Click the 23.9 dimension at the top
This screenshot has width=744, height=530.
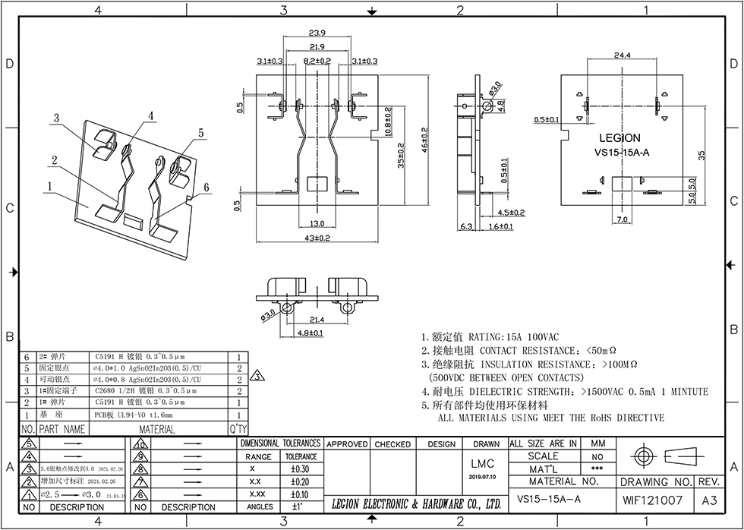point(317,32)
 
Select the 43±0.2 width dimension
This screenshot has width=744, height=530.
point(317,238)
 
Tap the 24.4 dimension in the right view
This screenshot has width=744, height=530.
point(622,55)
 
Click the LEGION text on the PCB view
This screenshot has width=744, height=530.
point(619,138)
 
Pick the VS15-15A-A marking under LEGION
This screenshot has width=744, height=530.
point(622,152)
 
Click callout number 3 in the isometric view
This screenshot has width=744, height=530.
point(56,118)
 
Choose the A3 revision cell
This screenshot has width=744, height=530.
point(709,500)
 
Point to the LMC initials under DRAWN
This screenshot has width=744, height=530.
point(481,463)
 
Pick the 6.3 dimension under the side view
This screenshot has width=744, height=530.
point(466,226)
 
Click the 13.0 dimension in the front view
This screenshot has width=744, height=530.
point(317,223)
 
